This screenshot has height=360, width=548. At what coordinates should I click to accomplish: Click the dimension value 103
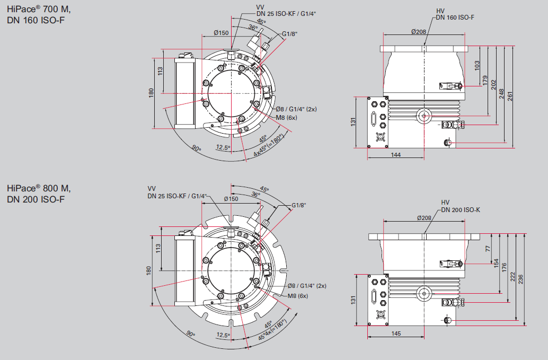pos(477,66)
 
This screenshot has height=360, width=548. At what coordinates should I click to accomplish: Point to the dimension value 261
pos(511,95)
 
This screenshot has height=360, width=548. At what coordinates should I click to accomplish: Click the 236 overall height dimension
pos(522,278)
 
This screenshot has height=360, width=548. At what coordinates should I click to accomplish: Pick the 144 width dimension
pos(395,155)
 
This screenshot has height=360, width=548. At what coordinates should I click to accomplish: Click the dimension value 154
pos(497,263)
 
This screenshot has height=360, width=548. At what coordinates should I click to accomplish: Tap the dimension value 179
pos(485,80)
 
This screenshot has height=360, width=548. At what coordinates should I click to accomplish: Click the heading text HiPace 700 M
pos(38,9)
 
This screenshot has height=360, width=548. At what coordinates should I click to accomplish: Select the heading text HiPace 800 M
pos(38,188)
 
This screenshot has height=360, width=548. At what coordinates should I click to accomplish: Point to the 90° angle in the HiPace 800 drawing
pos(190,334)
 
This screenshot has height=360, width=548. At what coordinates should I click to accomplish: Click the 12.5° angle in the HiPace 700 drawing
pos(223,147)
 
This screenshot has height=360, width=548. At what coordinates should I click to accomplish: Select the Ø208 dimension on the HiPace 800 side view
pos(425,218)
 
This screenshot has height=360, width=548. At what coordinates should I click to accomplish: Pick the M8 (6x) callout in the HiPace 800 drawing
pos(298,295)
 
